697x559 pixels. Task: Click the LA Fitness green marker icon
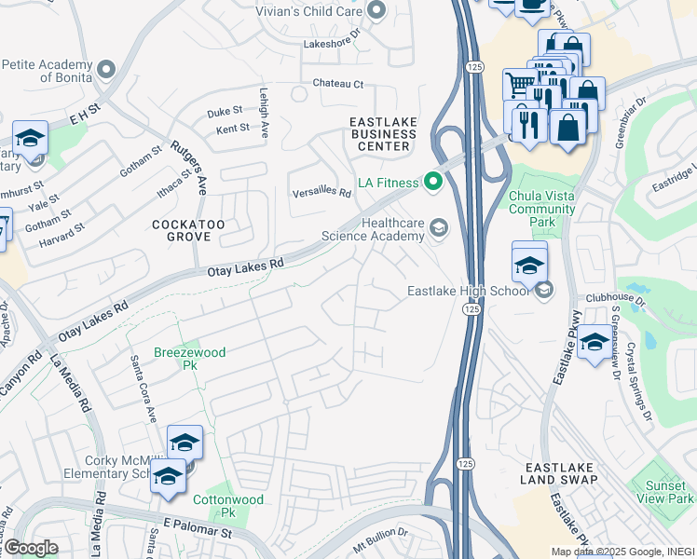[432, 181]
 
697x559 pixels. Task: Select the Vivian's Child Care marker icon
[376, 11]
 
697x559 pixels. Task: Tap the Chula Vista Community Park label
[542, 210]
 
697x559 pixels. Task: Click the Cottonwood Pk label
[228, 506]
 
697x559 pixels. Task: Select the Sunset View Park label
[662, 493]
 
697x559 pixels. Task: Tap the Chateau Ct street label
[337, 84]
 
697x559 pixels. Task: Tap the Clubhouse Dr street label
[615, 300]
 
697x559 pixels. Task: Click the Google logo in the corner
[31, 548]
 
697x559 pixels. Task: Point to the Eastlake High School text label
[469, 291]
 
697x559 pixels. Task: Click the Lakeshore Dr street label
[333, 44]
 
